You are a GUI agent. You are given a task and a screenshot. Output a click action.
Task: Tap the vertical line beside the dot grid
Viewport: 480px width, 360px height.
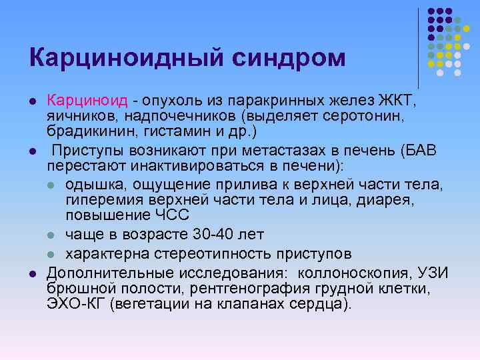[419, 47]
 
